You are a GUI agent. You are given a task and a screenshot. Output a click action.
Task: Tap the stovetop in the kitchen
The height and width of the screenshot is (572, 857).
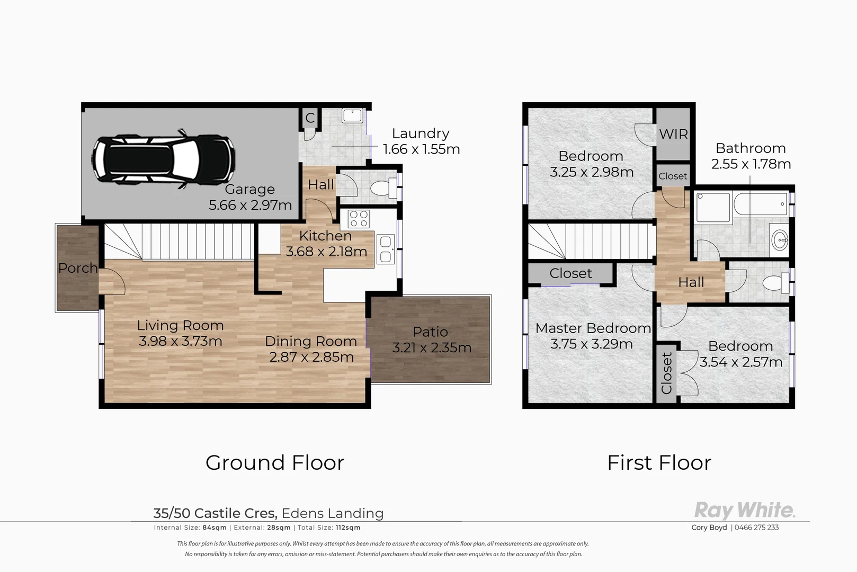[358, 219]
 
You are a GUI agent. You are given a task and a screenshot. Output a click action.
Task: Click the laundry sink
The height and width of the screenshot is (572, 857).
[352, 115]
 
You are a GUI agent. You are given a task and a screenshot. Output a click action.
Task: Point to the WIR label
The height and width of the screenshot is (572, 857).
[673, 134]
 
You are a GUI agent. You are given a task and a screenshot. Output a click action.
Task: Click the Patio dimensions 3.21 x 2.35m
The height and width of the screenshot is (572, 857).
[432, 348]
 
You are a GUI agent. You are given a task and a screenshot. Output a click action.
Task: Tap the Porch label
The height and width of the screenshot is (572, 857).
[78, 268]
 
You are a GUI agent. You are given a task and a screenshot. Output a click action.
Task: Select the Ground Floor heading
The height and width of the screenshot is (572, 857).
[275, 463]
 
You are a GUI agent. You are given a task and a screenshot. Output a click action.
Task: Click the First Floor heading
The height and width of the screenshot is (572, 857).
[659, 463]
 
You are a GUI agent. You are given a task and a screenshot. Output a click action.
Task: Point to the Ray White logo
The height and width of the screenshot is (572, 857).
[744, 511]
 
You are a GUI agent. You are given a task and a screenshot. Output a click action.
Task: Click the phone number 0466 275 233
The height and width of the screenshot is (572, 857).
[757, 528]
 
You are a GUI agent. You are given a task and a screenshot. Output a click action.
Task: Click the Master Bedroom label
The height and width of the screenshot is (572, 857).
[593, 328]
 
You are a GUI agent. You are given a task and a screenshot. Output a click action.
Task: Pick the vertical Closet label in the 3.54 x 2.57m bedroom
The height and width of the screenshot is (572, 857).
[666, 373]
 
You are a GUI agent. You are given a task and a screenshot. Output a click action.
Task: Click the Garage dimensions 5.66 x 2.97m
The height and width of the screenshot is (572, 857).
[250, 205]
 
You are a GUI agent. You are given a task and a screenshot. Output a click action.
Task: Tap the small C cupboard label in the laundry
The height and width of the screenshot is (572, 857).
[310, 118]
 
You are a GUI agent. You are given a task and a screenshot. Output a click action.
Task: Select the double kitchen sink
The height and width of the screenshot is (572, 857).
[386, 249]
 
